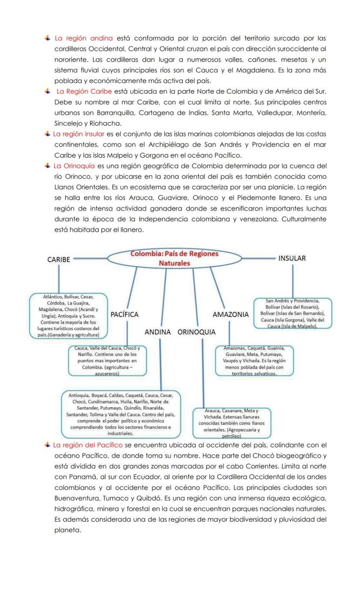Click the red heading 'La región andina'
[x=83, y=38]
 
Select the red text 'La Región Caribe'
[x=84, y=91]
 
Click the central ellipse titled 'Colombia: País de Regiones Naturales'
[x=174, y=258]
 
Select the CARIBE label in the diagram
[x=58, y=259]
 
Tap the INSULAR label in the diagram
[x=292, y=258]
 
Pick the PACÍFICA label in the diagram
[x=125, y=314]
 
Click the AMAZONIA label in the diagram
[x=230, y=314]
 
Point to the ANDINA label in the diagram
[x=157, y=332]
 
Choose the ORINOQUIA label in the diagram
[x=197, y=332]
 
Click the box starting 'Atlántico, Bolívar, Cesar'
[x=68, y=315]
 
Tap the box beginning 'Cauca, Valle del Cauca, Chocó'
[x=107, y=361]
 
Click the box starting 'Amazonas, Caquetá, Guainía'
[x=254, y=361]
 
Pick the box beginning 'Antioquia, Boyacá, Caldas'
[x=120, y=414]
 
